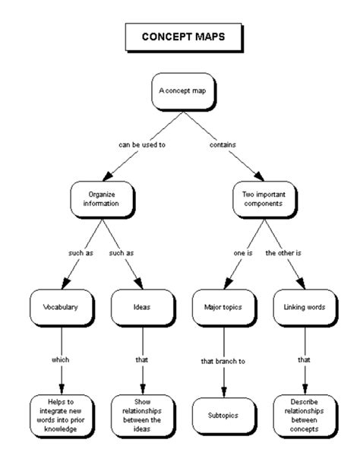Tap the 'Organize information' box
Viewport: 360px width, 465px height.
[x=102, y=198]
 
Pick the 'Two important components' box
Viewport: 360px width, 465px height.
[x=264, y=198]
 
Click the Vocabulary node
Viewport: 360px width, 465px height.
[x=60, y=308]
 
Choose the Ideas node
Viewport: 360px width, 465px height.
[x=141, y=308]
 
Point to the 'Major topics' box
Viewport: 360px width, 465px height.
[x=223, y=308]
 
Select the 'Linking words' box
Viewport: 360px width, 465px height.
[x=304, y=308]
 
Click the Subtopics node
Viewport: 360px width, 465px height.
[x=223, y=416]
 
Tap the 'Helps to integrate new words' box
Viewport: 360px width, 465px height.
[x=60, y=414]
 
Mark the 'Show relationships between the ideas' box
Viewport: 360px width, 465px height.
[x=141, y=414]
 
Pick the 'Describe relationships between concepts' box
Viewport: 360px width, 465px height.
[x=304, y=414]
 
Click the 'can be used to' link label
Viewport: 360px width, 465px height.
[x=141, y=144]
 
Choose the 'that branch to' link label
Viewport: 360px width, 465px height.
[x=223, y=362]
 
